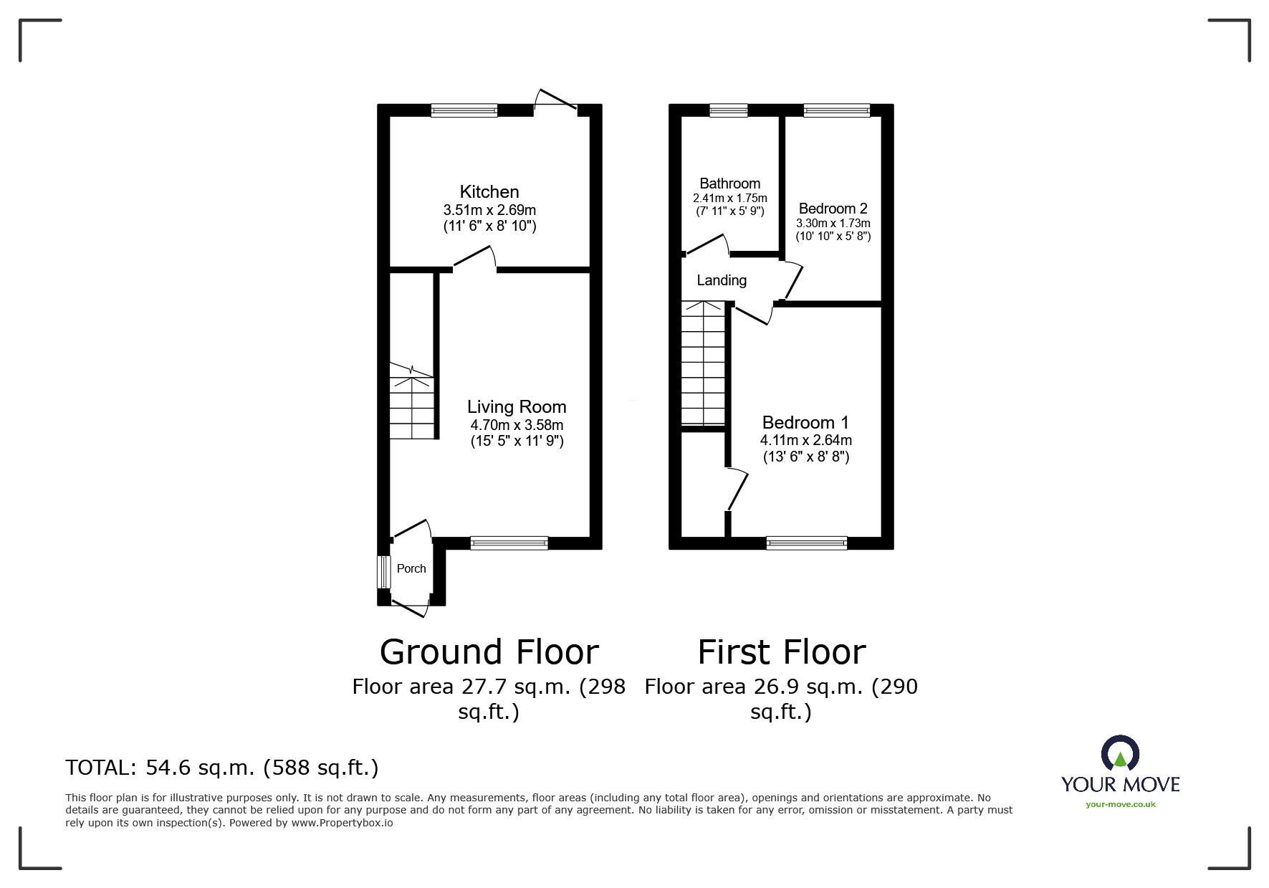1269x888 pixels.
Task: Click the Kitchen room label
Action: coord(489,191)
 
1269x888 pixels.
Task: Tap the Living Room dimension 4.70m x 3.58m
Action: coord(517,425)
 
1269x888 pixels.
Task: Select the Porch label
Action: coord(411,568)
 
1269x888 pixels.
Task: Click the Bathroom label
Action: coord(729,183)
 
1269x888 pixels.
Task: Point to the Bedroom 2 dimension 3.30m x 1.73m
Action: coord(833,224)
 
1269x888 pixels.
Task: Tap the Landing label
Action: coord(722,280)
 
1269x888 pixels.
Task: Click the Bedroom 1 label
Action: coord(805,422)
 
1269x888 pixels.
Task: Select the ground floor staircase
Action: coord(413,401)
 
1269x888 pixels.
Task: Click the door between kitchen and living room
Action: coord(474,259)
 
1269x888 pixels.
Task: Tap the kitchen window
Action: coord(464,110)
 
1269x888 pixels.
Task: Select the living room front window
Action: coord(509,543)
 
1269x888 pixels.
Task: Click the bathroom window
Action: coord(728,110)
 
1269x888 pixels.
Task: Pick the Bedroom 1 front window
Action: coord(806,543)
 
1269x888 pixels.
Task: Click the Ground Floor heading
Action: coord(489,651)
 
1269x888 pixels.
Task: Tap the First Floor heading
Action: coord(781,651)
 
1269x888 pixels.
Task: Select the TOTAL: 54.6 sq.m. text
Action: coord(221,768)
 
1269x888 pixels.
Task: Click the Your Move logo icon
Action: coord(1120,754)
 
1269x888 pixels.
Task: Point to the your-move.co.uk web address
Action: coord(1120,804)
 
